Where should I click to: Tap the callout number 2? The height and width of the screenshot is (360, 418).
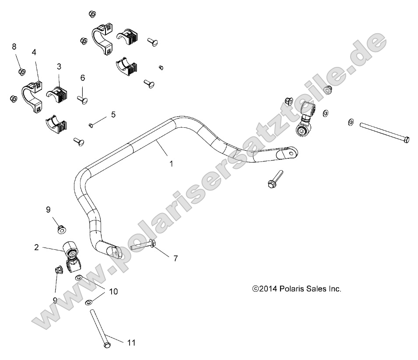[x=49, y=247]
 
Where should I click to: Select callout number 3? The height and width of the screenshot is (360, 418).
[x=59, y=66]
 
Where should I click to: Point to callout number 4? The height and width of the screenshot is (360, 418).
[x=34, y=52]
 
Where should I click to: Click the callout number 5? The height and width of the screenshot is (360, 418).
[x=113, y=115]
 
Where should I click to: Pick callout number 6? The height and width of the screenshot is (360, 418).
[x=82, y=78]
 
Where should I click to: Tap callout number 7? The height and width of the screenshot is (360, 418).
[x=175, y=258]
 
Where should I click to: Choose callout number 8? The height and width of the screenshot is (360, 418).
[x=14, y=46]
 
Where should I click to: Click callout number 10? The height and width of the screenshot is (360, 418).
[x=113, y=291]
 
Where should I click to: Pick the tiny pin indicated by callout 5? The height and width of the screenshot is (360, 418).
[x=91, y=126]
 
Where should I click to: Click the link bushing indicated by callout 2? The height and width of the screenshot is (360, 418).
[x=70, y=250]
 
